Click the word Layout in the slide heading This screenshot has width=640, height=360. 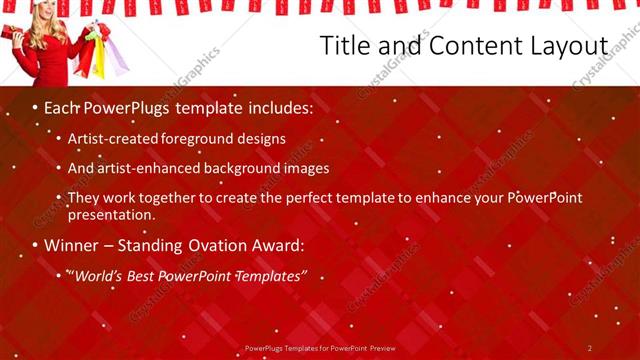click(x=565, y=47)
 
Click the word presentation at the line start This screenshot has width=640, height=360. click(x=111, y=214)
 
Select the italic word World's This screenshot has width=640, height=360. click(x=98, y=274)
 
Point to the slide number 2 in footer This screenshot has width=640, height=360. click(x=591, y=348)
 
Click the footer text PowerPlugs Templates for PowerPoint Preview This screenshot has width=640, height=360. click(x=319, y=348)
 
